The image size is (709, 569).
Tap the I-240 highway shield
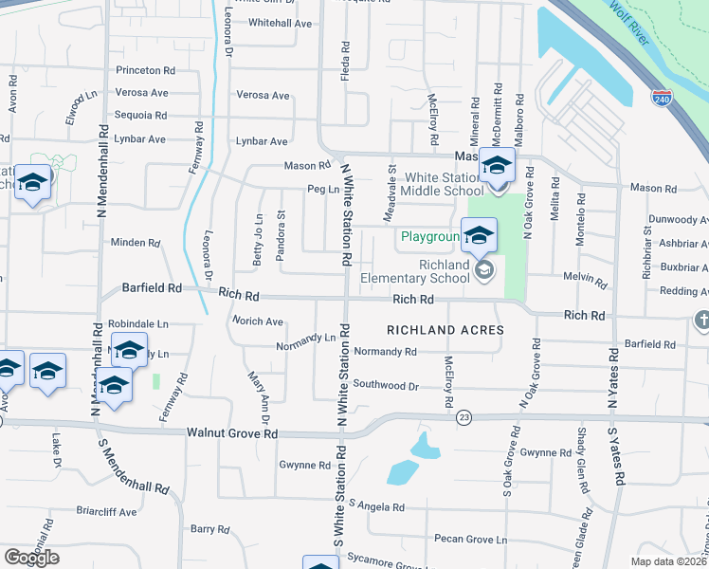662,98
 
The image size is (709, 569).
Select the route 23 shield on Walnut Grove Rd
463,416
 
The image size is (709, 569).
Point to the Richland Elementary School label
416,271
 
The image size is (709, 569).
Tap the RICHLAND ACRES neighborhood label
445,329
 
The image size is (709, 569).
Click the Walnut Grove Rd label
232,433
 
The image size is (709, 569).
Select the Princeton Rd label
146,70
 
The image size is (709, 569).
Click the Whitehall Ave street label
280,23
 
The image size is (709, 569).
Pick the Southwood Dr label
386,385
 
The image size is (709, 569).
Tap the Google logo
31,558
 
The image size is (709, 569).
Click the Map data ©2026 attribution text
669,561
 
